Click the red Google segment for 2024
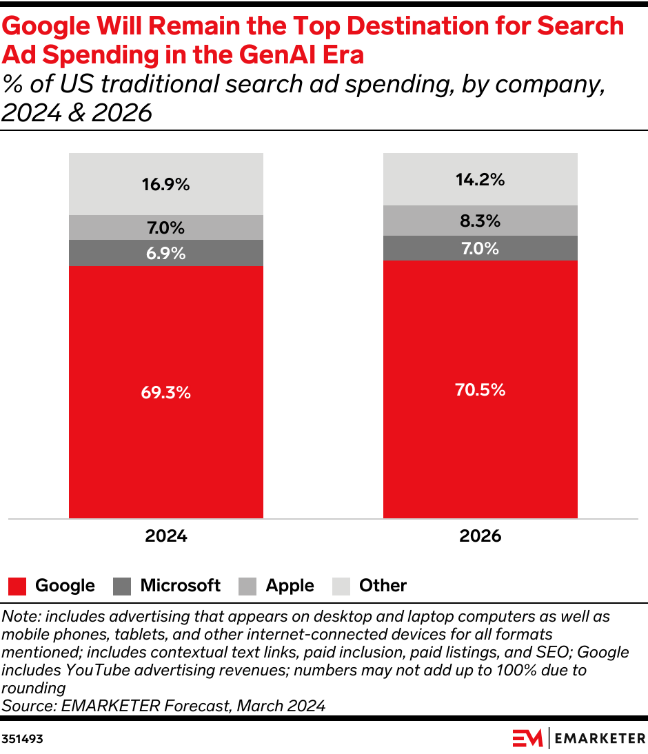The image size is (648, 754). (166, 392)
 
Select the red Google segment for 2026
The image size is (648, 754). (480, 389)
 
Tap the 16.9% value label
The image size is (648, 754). (166, 184)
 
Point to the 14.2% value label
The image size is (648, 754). (480, 179)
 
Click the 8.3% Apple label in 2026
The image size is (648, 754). (480, 221)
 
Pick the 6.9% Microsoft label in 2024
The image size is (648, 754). (166, 253)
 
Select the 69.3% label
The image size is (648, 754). (166, 392)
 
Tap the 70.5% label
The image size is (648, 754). (480, 389)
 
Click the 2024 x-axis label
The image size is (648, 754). (166, 536)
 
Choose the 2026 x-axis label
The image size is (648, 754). (480, 536)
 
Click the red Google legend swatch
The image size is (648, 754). (17, 587)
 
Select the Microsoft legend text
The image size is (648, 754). (181, 585)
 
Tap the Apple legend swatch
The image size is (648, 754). (247, 587)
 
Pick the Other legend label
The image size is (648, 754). (383, 585)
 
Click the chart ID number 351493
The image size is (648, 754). (22, 739)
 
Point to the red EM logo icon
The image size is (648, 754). (527, 738)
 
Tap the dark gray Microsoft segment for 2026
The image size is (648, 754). (480, 248)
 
